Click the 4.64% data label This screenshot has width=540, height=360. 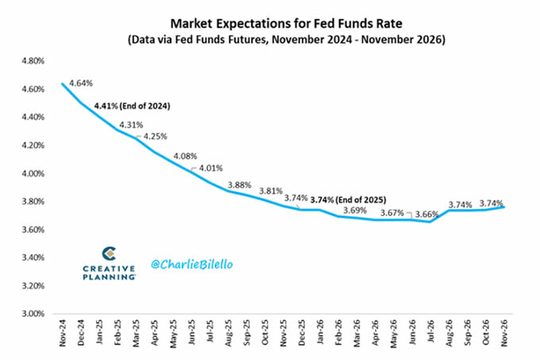[83, 83]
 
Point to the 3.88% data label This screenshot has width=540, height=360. [241, 185]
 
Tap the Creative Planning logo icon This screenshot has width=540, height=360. [110, 254]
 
